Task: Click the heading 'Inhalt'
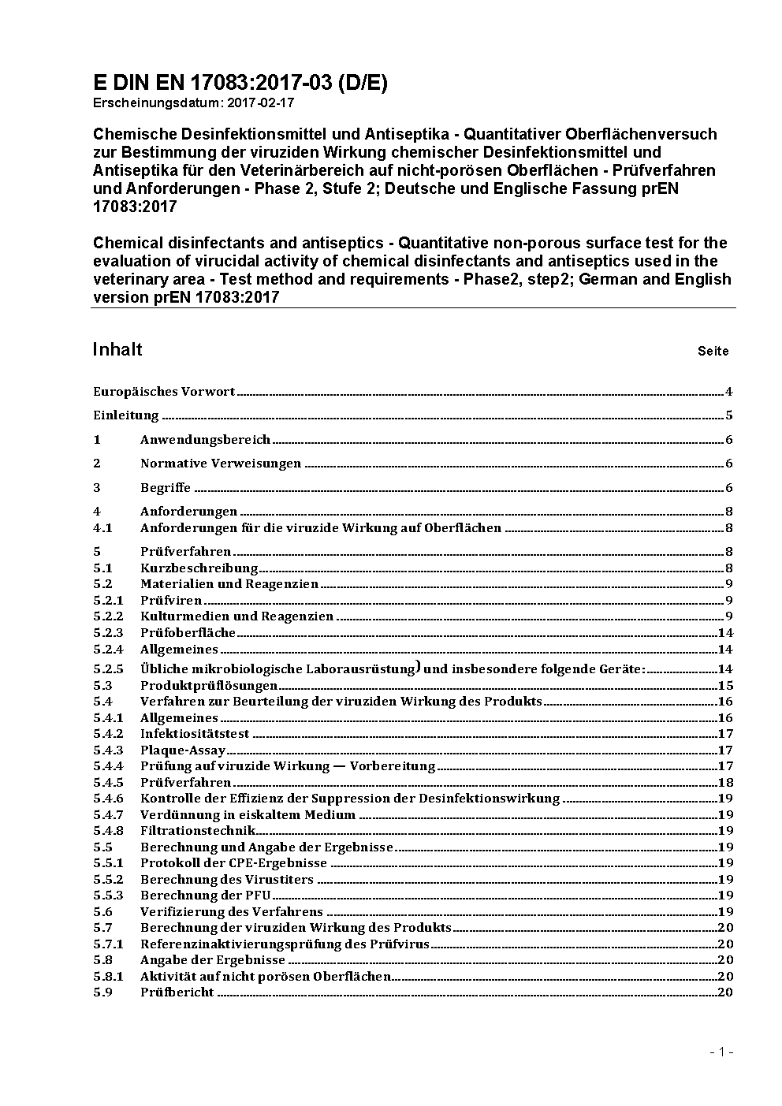pos(117,349)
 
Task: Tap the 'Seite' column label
pos(713,352)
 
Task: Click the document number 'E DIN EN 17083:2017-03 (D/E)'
pos(240,84)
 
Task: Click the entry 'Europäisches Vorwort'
pos(164,392)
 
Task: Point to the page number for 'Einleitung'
pos(729,415)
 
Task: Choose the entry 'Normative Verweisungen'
pos(221,464)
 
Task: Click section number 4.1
pos(102,528)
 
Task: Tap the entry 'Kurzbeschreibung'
pos(199,568)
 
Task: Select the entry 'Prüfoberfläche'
pos(188,633)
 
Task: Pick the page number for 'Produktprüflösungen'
pos(725,686)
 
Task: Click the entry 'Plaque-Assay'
pos(183,750)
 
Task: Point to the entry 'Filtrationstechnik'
pos(197,831)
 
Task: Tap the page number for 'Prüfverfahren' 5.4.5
pos(725,783)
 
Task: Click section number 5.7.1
pos(108,944)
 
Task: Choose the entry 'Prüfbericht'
pos(177,992)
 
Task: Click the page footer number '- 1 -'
pos(721,1052)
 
